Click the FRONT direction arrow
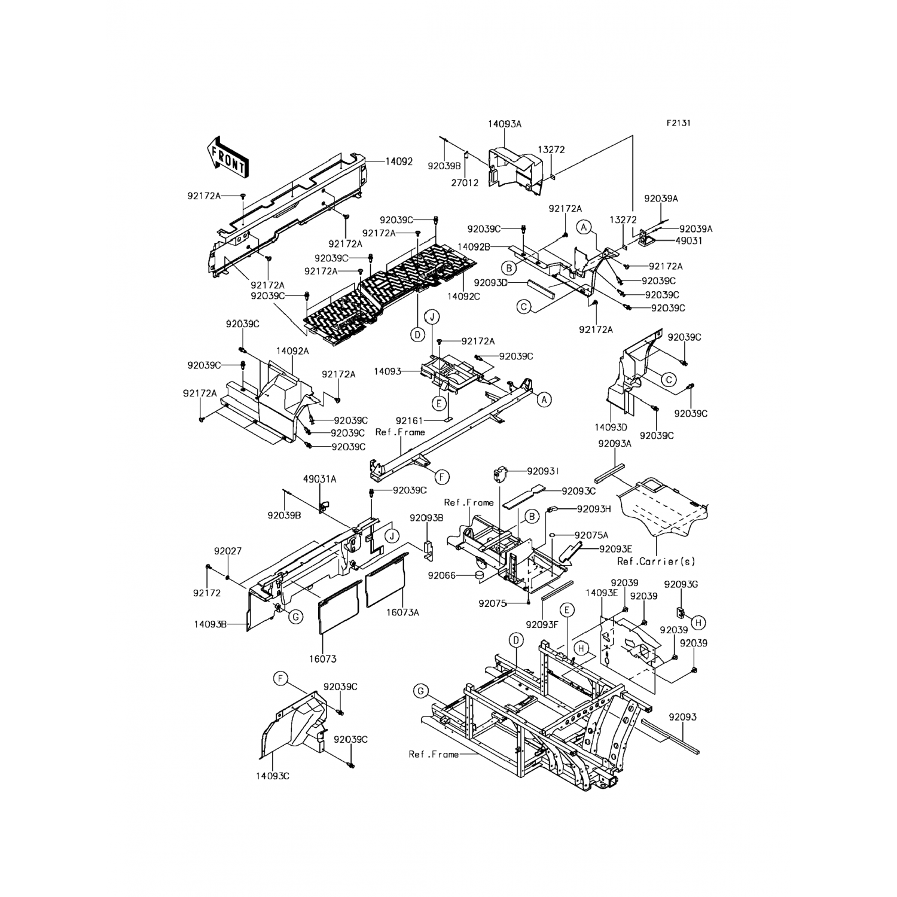tap(227, 157)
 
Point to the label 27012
tap(466, 183)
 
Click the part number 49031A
tap(319, 478)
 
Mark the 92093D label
tap(490, 282)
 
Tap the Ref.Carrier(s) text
tap(656, 562)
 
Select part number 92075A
tap(591, 535)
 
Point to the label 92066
tap(442, 575)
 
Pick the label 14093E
tap(601, 593)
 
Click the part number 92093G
tap(681, 584)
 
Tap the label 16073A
tap(402, 612)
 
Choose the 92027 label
tap(227, 551)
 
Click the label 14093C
tap(273, 776)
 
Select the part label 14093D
tap(611, 428)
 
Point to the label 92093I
tap(544, 471)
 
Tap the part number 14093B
tap(210, 624)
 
